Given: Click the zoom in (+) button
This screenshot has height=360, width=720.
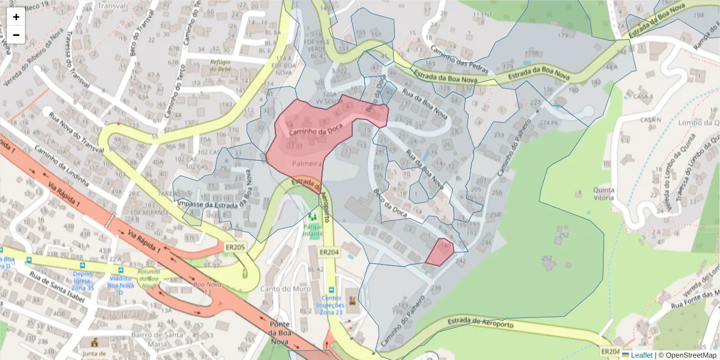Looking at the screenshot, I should [x=16, y=17].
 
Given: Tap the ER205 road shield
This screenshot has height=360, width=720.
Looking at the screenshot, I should [x=235, y=247].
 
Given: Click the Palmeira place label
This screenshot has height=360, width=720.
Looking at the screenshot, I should [x=308, y=163].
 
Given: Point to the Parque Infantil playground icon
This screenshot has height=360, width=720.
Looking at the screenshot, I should [x=312, y=216].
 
